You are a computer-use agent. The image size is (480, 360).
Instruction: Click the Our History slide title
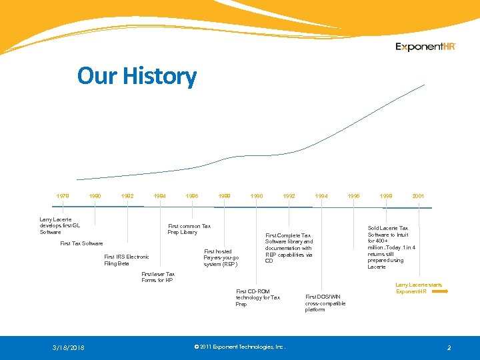137,76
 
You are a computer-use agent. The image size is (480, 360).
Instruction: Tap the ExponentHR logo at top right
425,47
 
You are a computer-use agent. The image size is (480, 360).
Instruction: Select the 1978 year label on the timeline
63,197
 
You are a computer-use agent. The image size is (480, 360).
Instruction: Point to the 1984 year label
160,197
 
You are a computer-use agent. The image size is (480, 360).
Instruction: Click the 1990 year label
256,197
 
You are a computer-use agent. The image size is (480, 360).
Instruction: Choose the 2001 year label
418,197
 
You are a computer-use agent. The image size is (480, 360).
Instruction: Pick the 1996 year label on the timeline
353,197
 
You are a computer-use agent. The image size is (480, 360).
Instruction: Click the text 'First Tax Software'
81,244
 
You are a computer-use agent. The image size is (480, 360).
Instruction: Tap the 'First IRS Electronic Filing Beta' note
126,260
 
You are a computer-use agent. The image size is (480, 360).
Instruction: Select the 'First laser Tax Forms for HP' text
158,277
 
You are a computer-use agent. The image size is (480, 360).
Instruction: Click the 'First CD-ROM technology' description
258,297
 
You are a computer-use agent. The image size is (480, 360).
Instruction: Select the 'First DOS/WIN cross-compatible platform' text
325,303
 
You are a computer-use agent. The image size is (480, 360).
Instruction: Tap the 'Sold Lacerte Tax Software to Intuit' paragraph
391,247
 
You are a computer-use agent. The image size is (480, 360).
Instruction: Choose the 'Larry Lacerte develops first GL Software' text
59,225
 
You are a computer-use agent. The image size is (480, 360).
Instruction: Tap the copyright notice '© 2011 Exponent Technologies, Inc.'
239,347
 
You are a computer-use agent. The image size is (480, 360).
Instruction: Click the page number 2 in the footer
449,348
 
